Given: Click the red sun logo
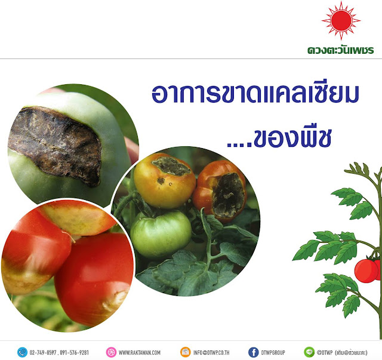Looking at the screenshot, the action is point(341,20).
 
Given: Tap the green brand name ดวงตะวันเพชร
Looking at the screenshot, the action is point(341,50).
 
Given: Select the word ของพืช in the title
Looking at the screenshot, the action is point(292,138).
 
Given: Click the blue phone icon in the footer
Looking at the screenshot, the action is point(22,352).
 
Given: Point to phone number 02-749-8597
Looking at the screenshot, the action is point(43,352).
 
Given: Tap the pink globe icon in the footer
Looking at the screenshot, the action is point(111,352).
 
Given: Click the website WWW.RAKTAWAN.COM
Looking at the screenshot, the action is point(139,352).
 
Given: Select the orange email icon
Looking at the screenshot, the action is point(186,352).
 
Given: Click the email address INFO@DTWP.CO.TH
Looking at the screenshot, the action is point(211,352).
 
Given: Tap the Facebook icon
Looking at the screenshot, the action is point(253,352).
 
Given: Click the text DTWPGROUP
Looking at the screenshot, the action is point(273,352).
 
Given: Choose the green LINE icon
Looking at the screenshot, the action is point(309,352).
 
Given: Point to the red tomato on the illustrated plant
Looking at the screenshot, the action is point(366,271).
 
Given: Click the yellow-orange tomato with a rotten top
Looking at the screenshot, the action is point(165,180).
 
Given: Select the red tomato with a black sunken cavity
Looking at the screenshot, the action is point(220,191).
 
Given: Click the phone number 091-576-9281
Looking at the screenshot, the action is point(74,352).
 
